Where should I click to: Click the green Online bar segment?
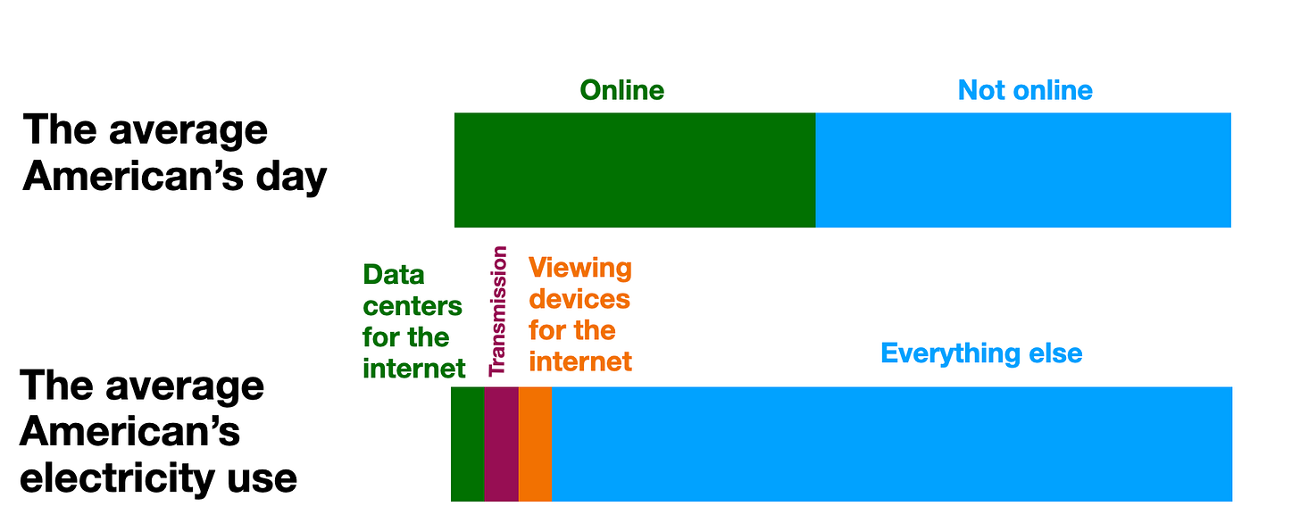pyautogui.click(x=635, y=170)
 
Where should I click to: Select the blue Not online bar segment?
pyautogui.click(x=1023, y=170)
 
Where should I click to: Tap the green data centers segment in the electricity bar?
pyautogui.click(x=467, y=444)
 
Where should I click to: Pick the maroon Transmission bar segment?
pyautogui.click(x=501, y=444)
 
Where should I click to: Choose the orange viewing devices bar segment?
pyautogui.click(x=535, y=444)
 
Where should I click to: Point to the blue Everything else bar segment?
pyautogui.click(x=891, y=444)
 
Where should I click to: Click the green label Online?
pyautogui.click(x=622, y=90)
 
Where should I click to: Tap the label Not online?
pyautogui.click(x=1025, y=90)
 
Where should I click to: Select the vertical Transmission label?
pyautogui.click(x=498, y=311)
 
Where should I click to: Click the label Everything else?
pyautogui.click(x=981, y=353)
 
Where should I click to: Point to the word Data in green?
pyautogui.click(x=394, y=275)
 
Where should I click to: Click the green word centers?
pyautogui.click(x=412, y=307)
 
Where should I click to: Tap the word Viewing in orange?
pyautogui.click(x=579, y=268)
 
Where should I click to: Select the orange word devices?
pyautogui.click(x=579, y=299)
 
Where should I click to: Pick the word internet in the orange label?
pyautogui.click(x=580, y=361)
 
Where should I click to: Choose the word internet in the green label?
pyautogui.click(x=414, y=369)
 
